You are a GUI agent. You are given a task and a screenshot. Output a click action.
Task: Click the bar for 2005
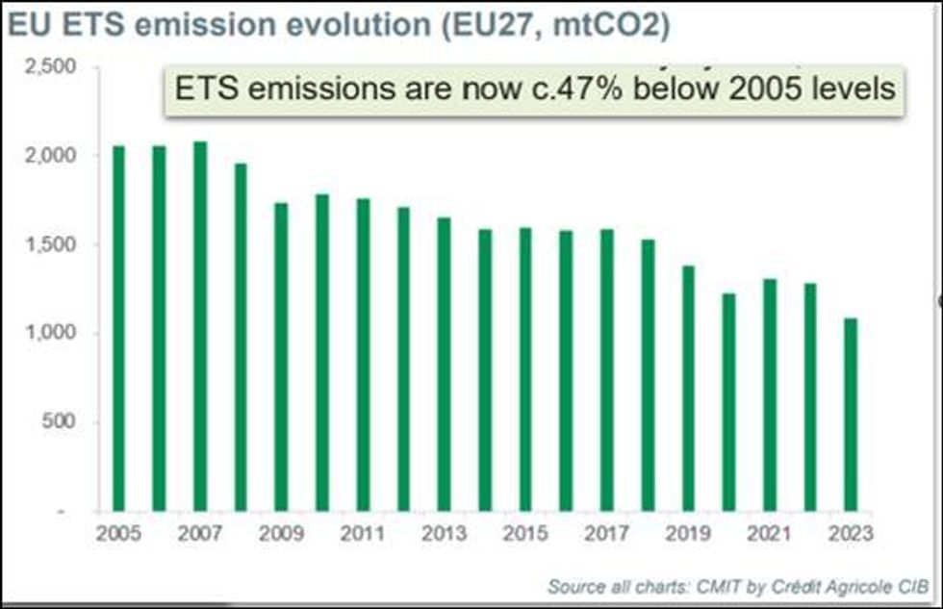[x=119, y=327]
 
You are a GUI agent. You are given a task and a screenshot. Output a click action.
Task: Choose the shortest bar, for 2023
[x=851, y=414]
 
